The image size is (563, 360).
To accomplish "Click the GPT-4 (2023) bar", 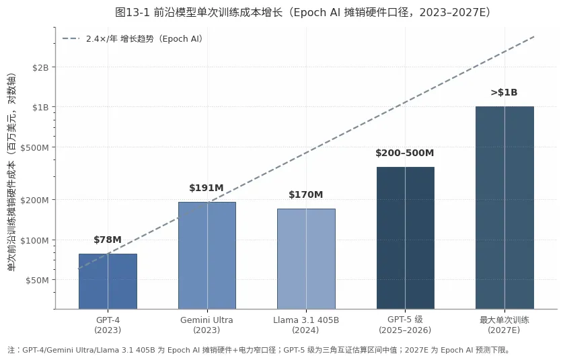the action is click(108, 281).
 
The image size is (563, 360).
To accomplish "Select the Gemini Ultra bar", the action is click(207, 256).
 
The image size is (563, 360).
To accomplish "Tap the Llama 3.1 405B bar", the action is click(306, 258).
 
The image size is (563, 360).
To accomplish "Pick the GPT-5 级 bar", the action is click(406, 238).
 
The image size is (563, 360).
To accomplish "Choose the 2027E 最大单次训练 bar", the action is click(505, 208).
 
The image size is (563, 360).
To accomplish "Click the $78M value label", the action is click(108, 240).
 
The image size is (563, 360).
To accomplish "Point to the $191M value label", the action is click(207, 188).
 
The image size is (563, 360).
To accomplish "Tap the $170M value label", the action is click(306, 194).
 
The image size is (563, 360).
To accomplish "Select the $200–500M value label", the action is click(405, 153).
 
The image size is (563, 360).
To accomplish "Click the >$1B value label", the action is click(504, 93).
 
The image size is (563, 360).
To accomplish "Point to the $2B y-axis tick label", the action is click(40, 67).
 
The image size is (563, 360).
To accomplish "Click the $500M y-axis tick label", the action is click(34, 147).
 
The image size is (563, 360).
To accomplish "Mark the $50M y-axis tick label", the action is click(37, 280).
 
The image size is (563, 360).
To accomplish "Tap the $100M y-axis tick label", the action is click(34, 240).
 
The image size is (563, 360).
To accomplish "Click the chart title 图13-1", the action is click(303, 13).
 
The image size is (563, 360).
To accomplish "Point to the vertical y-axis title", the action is click(11, 172).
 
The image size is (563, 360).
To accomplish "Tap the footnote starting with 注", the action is click(258, 350).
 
